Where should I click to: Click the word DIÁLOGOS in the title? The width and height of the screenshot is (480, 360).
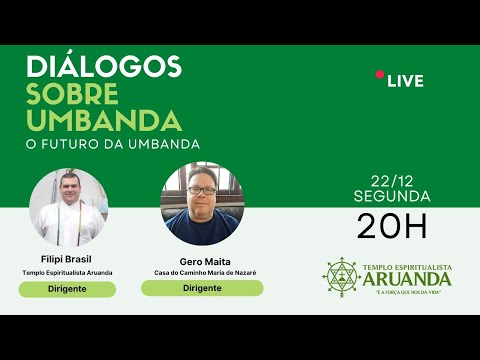point(103,67)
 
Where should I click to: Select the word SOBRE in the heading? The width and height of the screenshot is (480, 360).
point(71,93)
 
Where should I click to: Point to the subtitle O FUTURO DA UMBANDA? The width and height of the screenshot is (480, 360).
point(113,144)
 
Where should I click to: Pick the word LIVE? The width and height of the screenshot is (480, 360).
point(406,80)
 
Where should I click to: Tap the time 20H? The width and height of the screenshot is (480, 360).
point(392,226)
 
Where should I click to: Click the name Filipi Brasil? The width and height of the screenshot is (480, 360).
point(67,258)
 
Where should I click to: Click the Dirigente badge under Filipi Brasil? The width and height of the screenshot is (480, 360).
point(67,289)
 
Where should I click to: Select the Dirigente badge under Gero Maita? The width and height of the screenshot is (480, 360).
point(202,288)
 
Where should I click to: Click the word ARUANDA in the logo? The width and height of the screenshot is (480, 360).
point(412,280)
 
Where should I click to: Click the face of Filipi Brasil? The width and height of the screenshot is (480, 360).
point(67,190)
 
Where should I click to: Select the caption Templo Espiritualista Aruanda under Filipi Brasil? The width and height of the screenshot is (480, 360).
point(67,272)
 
